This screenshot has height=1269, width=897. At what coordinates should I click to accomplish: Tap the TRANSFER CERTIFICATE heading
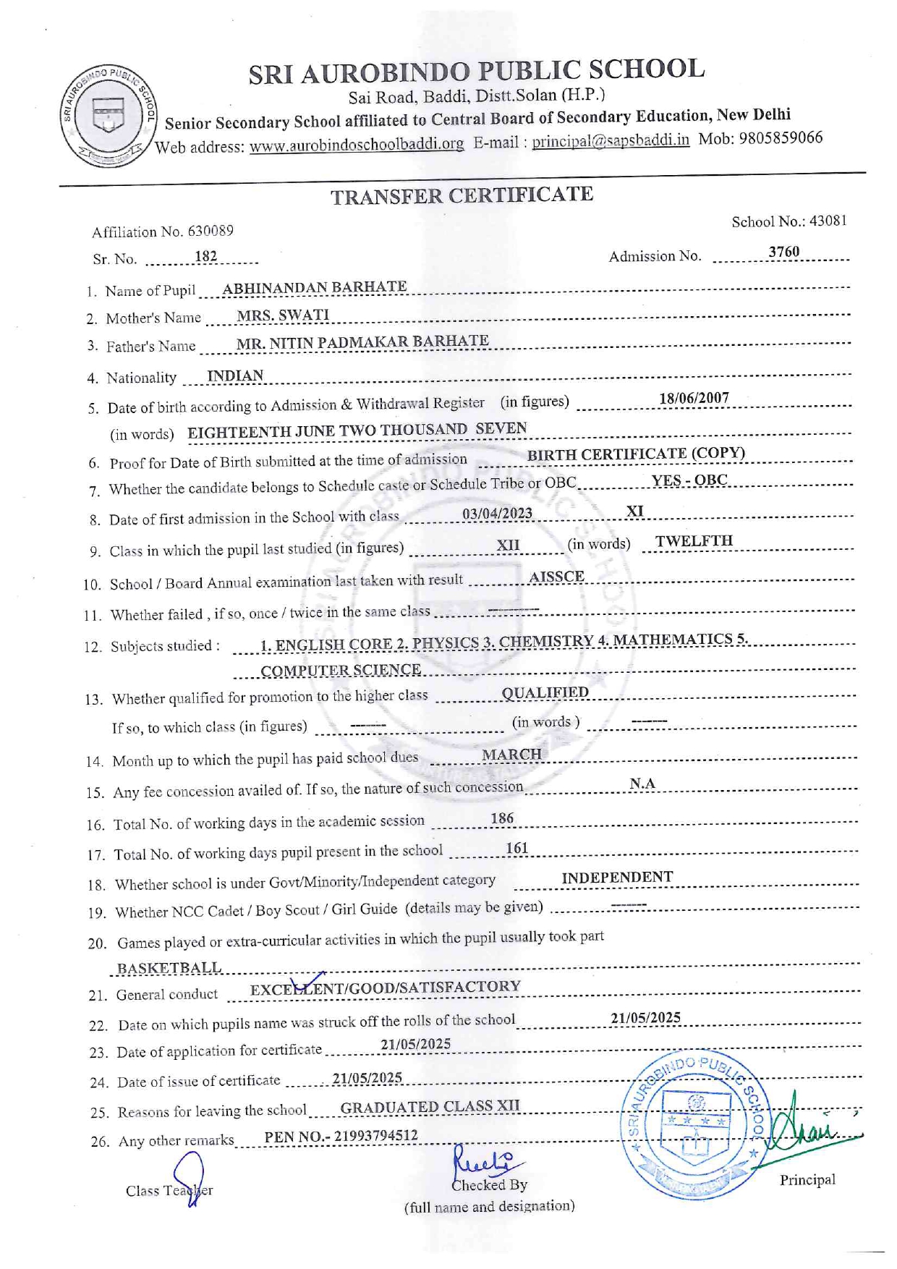click(462, 195)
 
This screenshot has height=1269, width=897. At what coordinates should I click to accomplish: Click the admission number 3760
click(783, 252)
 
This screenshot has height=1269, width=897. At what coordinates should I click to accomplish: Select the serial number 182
click(206, 257)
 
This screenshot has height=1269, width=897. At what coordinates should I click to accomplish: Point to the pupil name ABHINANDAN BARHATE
click(314, 287)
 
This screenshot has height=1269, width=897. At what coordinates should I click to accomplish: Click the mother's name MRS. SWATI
click(283, 315)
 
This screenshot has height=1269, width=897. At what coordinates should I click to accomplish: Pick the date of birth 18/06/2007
click(694, 398)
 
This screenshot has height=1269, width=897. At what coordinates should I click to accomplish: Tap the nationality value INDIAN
click(235, 375)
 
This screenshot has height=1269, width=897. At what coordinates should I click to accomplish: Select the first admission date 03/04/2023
click(497, 514)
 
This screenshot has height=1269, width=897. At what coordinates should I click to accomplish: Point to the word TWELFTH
click(694, 541)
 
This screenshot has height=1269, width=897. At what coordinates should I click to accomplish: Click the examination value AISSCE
click(556, 577)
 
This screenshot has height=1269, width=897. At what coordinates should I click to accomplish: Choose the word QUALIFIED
click(545, 692)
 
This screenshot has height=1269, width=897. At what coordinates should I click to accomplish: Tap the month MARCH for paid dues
click(511, 755)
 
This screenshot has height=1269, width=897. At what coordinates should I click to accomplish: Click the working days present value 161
click(516, 848)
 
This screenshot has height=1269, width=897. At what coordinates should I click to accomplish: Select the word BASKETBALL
click(169, 968)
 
